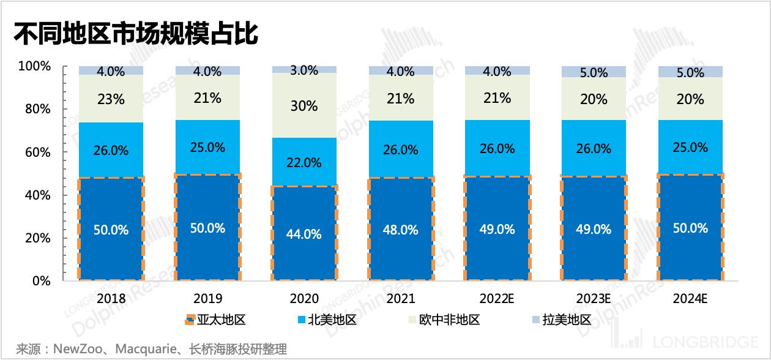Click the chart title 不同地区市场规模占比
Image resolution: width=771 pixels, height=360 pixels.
[136, 34]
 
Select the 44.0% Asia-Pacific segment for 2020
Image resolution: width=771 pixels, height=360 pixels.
[304, 233]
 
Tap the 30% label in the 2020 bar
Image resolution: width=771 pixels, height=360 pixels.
[304, 106]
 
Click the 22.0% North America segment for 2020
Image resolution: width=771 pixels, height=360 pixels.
[304, 162]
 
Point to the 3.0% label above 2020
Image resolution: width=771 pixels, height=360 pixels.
[304, 70]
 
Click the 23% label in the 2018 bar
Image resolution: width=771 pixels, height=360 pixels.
[111, 99]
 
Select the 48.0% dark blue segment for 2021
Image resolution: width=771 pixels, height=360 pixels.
[401, 230]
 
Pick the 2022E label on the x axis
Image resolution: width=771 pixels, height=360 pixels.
[497, 299]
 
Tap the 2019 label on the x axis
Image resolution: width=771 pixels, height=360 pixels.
[207, 299]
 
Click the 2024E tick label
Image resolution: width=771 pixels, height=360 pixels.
[690, 299]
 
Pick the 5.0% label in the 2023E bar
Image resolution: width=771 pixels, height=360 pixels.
[594, 73]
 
